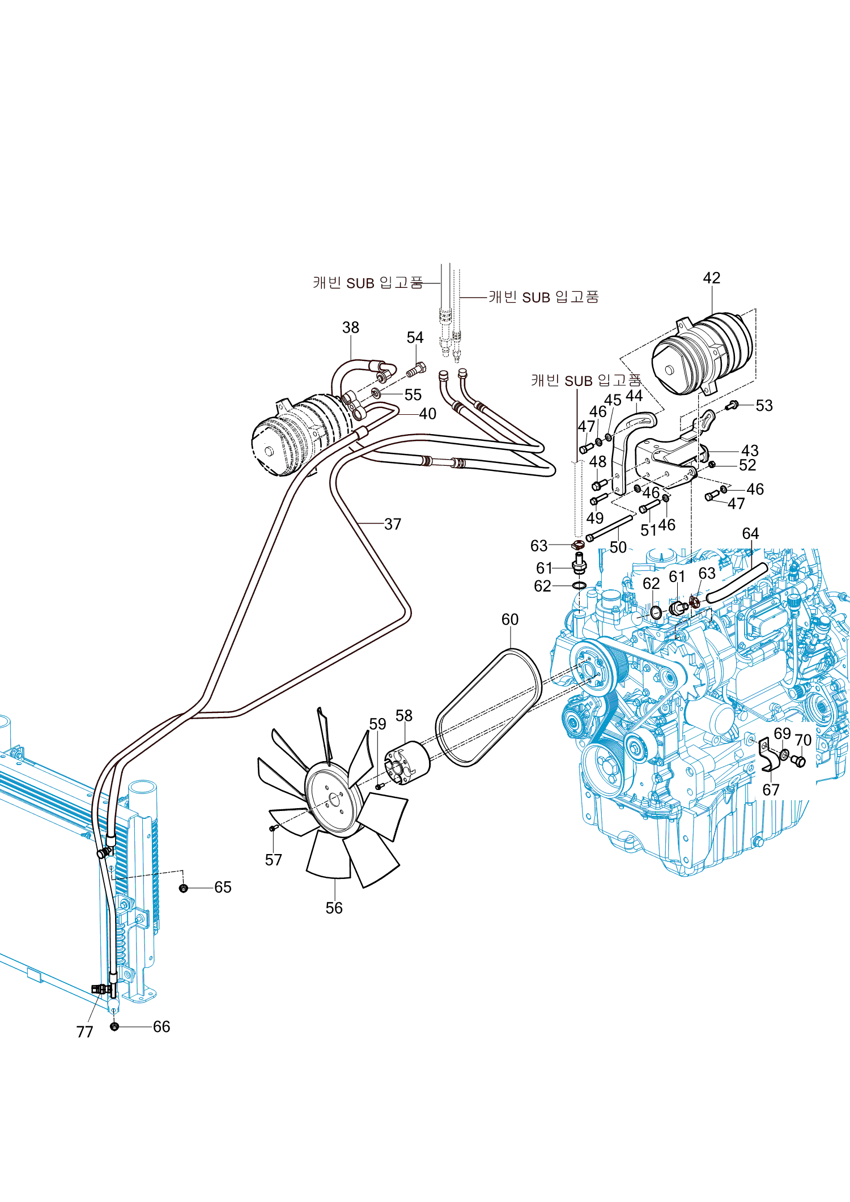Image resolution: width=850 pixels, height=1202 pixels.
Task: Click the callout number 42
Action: click(711, 278)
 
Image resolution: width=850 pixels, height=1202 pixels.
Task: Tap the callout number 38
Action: click(350, 328)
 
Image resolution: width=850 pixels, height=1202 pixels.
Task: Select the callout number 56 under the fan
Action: click(334, 908)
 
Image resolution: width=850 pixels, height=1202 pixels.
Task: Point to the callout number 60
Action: click(509, 619)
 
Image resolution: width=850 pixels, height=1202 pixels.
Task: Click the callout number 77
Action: click(84, 1031)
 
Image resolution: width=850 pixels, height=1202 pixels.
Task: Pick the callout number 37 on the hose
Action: click(392, 524)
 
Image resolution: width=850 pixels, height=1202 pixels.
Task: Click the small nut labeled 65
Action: click(183, 887)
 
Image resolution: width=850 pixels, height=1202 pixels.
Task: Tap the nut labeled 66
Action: click(114, 1026)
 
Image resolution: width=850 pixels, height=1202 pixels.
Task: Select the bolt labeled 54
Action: click(417, 370)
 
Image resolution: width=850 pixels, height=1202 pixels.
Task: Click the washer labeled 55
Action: click(376, 393)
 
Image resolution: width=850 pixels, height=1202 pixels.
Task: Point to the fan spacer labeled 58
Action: click(407, 763)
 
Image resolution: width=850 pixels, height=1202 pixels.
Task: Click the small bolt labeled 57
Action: click(273, 828)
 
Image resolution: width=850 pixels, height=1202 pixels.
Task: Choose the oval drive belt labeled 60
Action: click(488, 708)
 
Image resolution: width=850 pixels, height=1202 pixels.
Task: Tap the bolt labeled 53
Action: click(732, 405)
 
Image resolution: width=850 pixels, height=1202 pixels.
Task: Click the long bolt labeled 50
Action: click(611, 527)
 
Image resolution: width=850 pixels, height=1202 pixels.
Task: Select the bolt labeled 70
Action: click(799, 761)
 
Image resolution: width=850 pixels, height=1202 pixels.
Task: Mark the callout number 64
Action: click(750, 534)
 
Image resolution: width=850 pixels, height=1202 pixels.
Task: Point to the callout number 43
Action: click(749, 451)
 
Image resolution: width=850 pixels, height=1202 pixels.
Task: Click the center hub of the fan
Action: click(334, 799)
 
